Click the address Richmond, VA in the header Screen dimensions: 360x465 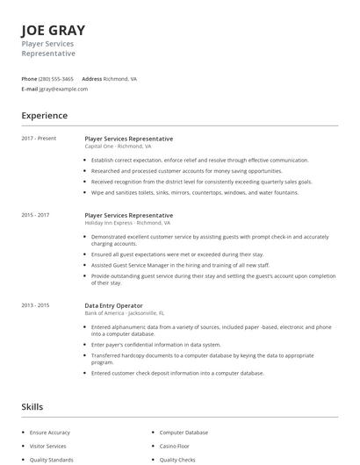120,78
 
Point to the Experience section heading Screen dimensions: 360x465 45,116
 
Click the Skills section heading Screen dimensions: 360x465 32,407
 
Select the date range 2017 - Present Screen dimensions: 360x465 40,139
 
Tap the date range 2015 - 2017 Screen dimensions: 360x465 36,215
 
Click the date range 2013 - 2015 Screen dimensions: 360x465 36,304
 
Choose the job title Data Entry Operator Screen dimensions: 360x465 114,304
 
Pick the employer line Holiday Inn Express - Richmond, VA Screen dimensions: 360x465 127,223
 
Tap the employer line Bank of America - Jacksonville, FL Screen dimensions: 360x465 125,312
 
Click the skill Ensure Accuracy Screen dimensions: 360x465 50,433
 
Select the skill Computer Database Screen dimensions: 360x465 184,433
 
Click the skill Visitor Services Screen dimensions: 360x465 49,446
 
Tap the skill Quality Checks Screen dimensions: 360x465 178,459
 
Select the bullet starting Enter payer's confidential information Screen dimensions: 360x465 168,345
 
